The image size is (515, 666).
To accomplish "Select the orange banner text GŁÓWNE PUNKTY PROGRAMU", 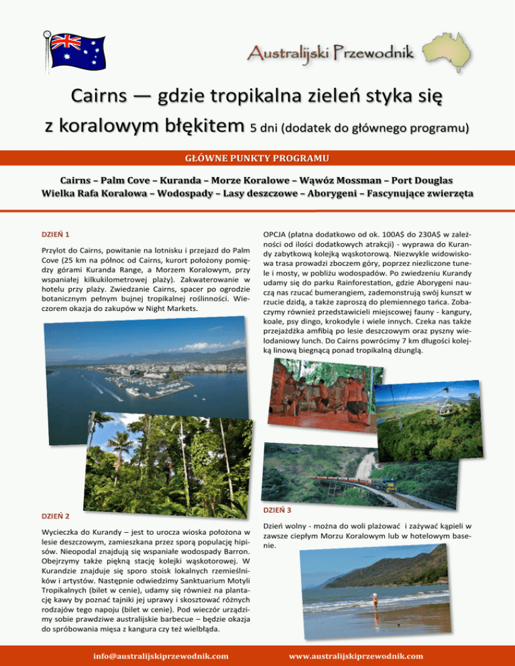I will click(257, 158).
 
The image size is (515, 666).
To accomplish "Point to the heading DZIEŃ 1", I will click(57, 234).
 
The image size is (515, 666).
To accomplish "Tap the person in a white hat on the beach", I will click(376, 596).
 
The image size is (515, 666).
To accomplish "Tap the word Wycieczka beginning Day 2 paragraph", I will click(64, 533).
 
